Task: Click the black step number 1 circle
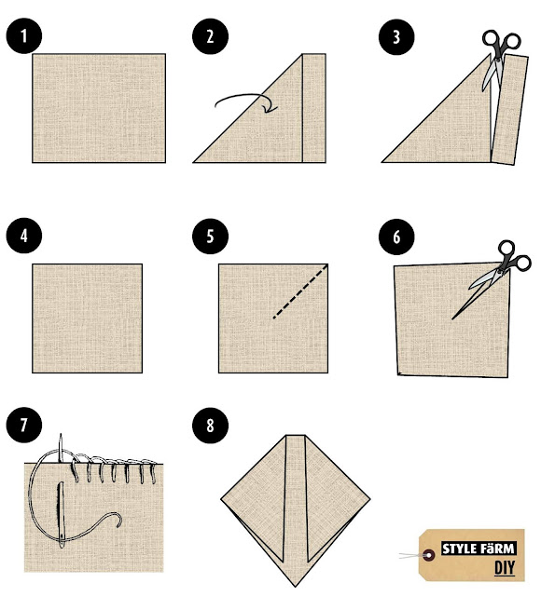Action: [x=24, y=35]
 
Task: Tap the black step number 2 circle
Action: [x=210, y=36]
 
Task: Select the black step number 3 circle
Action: [x=396, y=37]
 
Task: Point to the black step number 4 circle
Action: [x=24, y=236]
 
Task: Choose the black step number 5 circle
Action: [x=210, y=236]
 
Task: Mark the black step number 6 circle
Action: [x=396, y=237]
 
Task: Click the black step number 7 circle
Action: [x=24, y=425]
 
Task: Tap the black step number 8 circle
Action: [x=210, y=426]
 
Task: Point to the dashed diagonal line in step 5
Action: [x=300, y=291]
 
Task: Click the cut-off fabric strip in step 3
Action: [x=509, y=110]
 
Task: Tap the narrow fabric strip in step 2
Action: [x=314, y=108]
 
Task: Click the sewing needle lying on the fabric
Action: [x=61, y=515]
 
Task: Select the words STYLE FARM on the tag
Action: [x=479, y=549]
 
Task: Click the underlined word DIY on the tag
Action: [x=505, y=567]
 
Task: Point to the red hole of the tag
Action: [x=429, y=556]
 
